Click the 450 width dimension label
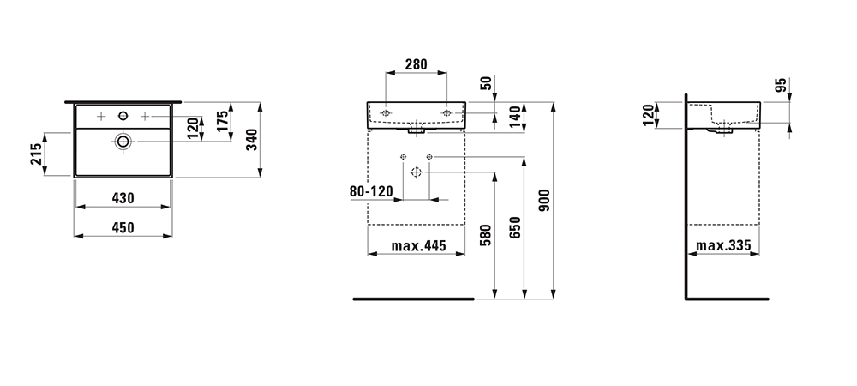(123, 227)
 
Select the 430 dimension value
(123, 198)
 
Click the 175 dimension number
(222, 122)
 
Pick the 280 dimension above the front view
(416, 64)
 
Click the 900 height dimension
(544, 201)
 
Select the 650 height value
(515, 227)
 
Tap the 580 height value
(486, 235)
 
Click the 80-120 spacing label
(371, 191)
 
